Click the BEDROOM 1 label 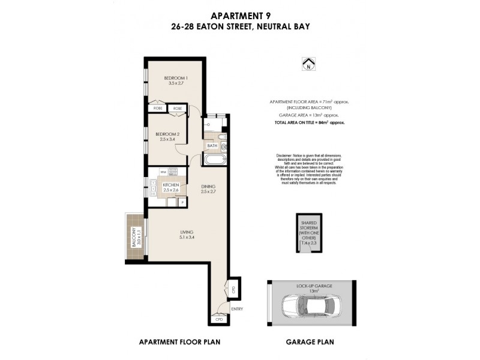click(176, 78)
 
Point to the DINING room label click(208, 187)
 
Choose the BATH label click(212, 146)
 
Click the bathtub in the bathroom click(214, 160)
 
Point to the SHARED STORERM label click(309, 226)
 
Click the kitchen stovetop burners click(173, 172)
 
